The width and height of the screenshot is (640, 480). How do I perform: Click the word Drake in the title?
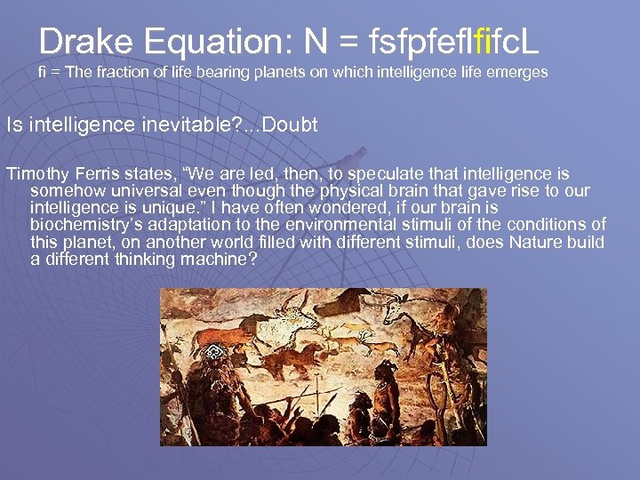pos(82,41)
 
